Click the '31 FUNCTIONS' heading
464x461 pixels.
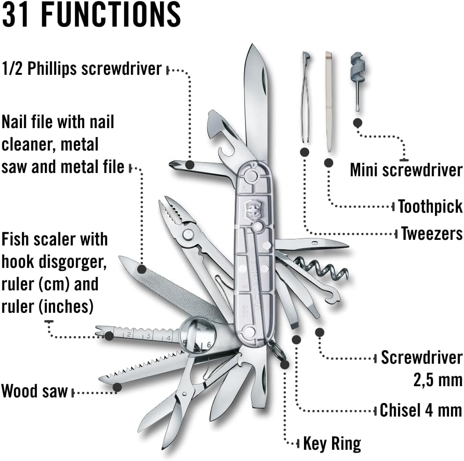pyautogui.click(x=91, y=15)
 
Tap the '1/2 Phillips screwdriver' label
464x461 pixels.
pyautogui.click(x=82, y=69)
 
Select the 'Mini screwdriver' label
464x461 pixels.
pyautogui.click(x=406, y=170)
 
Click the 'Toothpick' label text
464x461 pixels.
pyautogui.click(x=430, y=206)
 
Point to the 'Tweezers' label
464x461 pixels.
pyautogui.click(x=431, y=233)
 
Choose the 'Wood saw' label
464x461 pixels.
pyautogui.click(x=35, y=391)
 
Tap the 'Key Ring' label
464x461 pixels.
pyautogui.click(x=332, y=443)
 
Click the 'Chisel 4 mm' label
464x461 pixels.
pyautogui.click(x=420, y=411)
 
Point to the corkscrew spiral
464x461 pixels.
pyautogui.click(x=328, y=268)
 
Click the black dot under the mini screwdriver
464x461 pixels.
pyautogui.click(x=358, y=123)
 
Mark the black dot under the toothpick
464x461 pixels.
pyautogui.click(x=328, y=163)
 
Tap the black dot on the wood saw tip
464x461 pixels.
pyautogui.click(x=117, y=387)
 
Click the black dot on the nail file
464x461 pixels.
pyautogui.click(x=141, y=269)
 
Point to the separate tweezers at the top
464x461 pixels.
pyautogui.click(x=305, y=98)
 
